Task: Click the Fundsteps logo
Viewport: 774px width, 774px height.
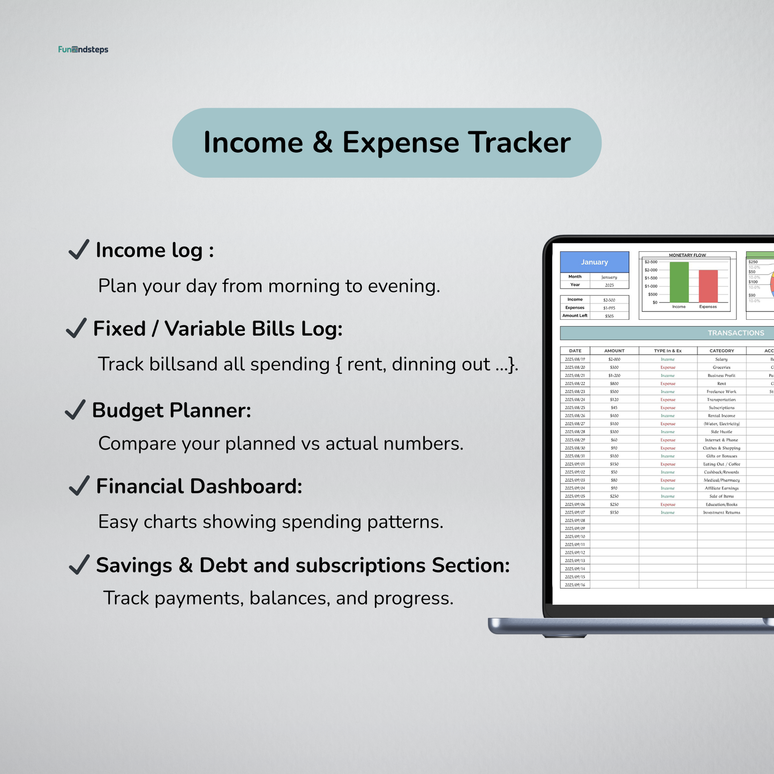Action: (x=83, y=50)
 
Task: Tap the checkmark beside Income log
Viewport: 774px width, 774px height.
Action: (x=79, y=250)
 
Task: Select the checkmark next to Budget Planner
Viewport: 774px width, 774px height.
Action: (x=75, y=410)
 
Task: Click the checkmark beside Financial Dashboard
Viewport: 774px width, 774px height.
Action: (x=79, y=486)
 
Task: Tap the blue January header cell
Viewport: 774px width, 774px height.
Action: (x=595, y=262)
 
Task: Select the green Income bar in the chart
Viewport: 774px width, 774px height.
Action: (x=679, y=282)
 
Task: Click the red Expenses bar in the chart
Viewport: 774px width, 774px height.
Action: (x=708, y=286)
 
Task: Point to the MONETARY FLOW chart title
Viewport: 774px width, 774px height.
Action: (x=687, y=255)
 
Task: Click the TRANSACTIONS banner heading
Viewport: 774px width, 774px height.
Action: (x=735, y=333)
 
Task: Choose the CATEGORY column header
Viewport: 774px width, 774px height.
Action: (x=722, y=351)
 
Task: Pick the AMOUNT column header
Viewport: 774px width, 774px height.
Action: (x=614, y=351)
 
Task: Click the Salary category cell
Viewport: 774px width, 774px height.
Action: (x=722, y=359)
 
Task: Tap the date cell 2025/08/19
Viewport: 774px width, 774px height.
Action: (x=575, y=359)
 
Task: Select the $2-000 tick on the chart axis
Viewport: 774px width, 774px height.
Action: (x=651, y=270)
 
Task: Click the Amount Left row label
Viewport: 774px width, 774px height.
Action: (x=575, y=315)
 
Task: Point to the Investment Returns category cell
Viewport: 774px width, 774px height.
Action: (x=722, y=513)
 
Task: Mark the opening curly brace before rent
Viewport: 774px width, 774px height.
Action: (x=339, y=364)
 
